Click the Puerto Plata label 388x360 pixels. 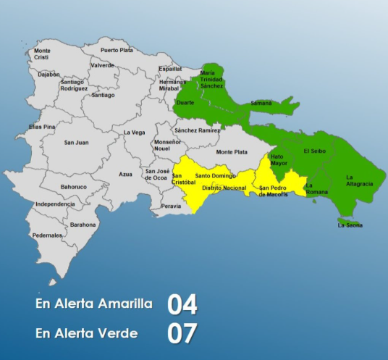tap(117, 50)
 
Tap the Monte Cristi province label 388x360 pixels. tap(43, 54)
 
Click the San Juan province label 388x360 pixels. tap(76, 143)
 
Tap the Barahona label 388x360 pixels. tap(83, 225)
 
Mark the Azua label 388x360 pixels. tap(125, 175)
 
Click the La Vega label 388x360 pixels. tap(135, 133)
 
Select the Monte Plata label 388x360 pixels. tap(232, 152)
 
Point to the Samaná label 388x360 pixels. tap(261, 104)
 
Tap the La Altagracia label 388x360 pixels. tap(359, 180)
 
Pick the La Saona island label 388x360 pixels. tap(350, 225)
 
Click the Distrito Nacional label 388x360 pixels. tap(224, 187)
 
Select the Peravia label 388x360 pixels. tap(172, 206)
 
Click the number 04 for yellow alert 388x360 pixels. tap(182, 304)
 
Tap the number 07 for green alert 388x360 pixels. tap(182, 334)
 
